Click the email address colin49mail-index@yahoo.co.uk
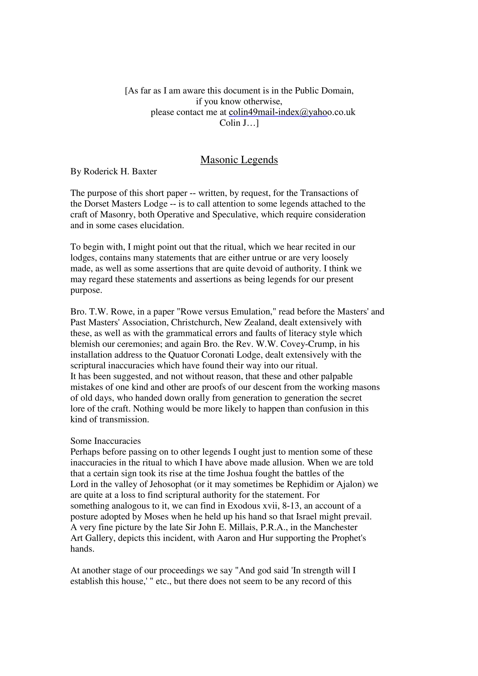(x=292, y=112)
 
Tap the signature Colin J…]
(x=239, y=123)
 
